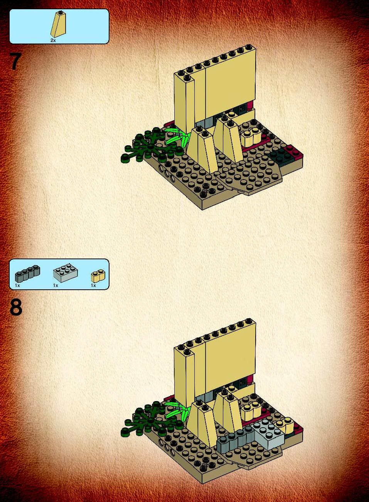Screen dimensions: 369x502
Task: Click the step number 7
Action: click(16, 61)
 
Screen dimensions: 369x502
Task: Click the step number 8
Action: click(16, 307)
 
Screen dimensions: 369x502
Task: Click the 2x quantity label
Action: click(53, 40)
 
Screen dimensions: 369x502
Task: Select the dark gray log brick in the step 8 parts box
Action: click(27, 274)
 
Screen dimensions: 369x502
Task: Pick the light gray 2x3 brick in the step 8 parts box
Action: click(66, 273)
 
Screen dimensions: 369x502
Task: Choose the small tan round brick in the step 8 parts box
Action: click(98, 276)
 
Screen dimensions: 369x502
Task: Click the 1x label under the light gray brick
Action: click(56, 285)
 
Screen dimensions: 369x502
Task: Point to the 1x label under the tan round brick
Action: click(93, 285)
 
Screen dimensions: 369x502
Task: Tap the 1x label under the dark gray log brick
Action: click(17, 285)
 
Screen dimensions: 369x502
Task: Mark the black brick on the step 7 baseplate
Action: click(280, 155)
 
